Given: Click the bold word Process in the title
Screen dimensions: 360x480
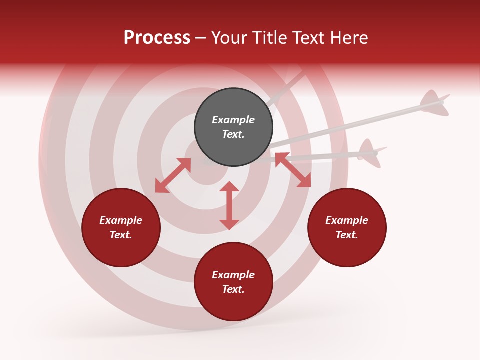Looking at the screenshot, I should (x=157, y=38).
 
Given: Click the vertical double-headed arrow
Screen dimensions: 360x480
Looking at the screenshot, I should (x=229, y=205).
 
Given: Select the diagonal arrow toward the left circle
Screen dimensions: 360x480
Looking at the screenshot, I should (x=173, y=175).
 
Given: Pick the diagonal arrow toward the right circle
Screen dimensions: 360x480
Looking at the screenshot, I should (x=293, y=170).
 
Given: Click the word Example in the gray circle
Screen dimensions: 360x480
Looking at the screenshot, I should (x=233, y=120).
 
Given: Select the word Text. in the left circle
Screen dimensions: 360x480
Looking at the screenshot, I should (x=121, y=235).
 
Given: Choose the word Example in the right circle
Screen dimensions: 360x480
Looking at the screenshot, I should (x=347, y=220).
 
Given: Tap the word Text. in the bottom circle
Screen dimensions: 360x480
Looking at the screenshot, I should (x=233, y=289).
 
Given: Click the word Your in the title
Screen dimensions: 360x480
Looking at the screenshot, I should (x=228, y=38).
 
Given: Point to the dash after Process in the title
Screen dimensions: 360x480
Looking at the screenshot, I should (x=201, y=38).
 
